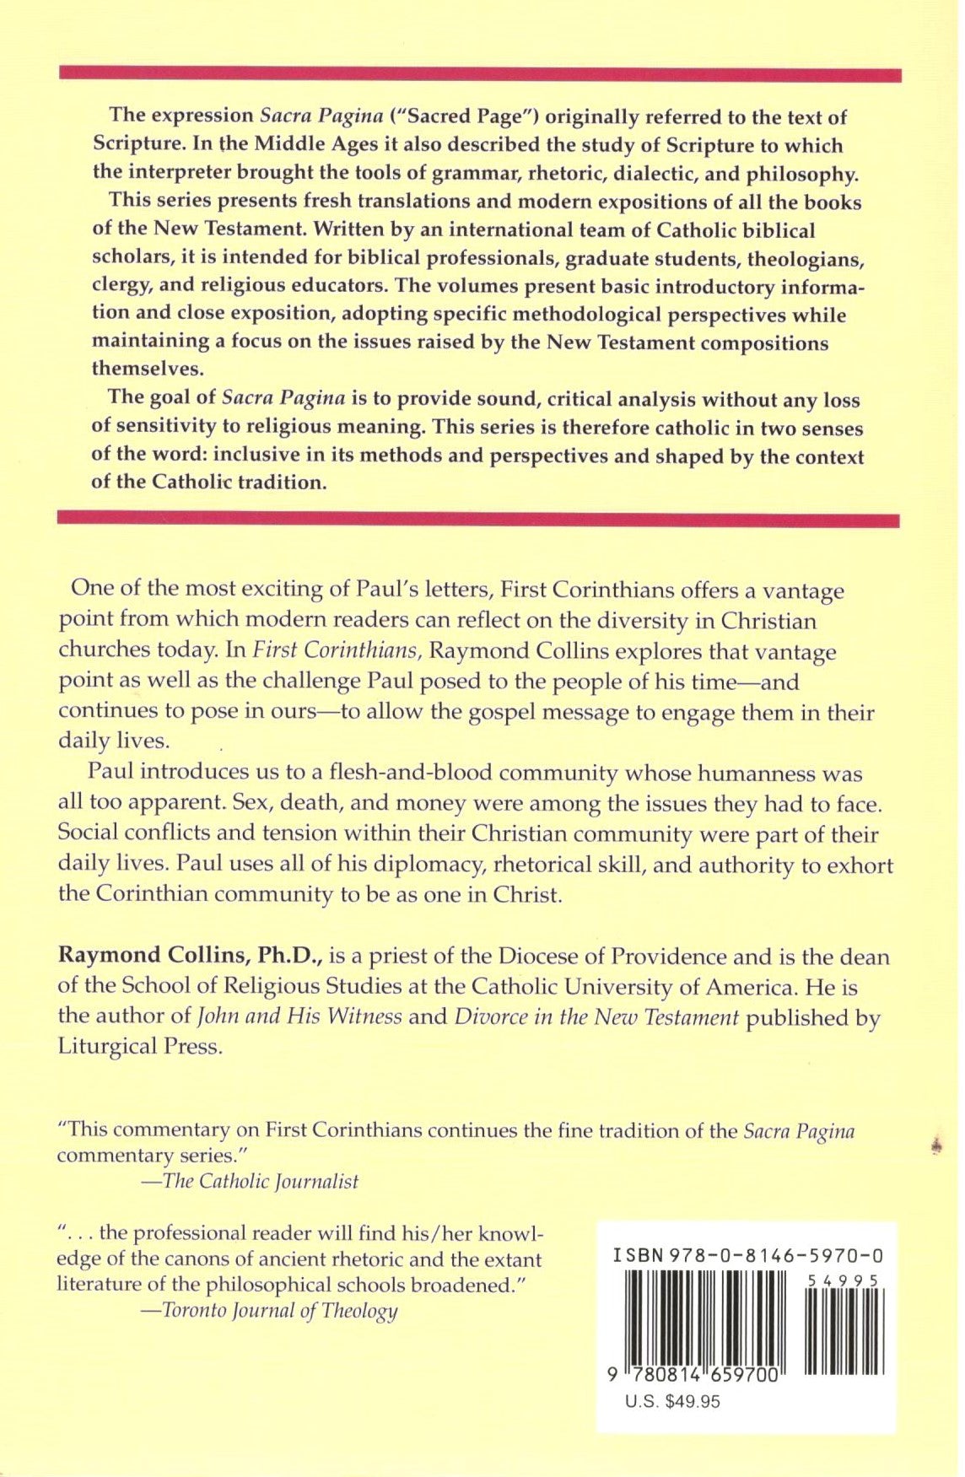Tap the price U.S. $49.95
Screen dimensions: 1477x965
coord(672,1402)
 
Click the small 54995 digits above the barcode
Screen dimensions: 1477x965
coord(843,1280)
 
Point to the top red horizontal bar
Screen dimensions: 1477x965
coord(481,75)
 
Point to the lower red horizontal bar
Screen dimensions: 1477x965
coord(478,520)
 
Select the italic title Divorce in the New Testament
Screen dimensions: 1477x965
coord(596,1016)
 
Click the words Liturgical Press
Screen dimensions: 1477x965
coord(140,1047)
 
